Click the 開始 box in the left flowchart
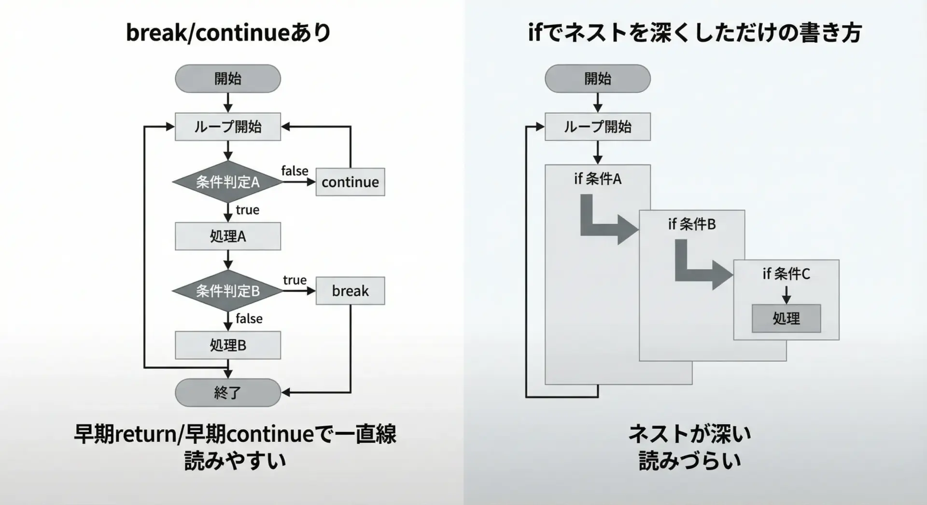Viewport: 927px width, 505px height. click(x=227, y=79)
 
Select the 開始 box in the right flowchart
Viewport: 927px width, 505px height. click(x=597, y=79)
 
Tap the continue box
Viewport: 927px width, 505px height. click(x=350, y=182)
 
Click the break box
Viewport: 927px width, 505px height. click(x=350, y=291)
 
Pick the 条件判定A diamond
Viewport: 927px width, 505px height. click(x=227, y=182)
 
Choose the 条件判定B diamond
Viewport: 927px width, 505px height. click(x=227, y=291)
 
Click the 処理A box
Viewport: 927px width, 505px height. click(x=227, y=236)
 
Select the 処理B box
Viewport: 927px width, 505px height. click(x=227, y=345)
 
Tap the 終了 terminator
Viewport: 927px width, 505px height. click(x=227, y=393)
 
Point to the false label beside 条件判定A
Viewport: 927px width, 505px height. click(x=295, y=171)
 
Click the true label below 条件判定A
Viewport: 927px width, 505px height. click(x=247, y=210)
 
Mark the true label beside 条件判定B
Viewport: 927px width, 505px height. click(x=295, y=280)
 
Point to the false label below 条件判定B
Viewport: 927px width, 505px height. click(x=249, y=319)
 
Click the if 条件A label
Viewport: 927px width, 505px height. click(x=597, y=179)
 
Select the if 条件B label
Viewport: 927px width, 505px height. click(x=691, y=224)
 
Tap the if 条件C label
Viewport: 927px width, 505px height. click(x=786, y=274)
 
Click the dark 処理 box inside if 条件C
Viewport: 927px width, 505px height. click(x=786, y=318)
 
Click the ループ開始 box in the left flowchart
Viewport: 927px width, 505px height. click(x=227, y=127)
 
